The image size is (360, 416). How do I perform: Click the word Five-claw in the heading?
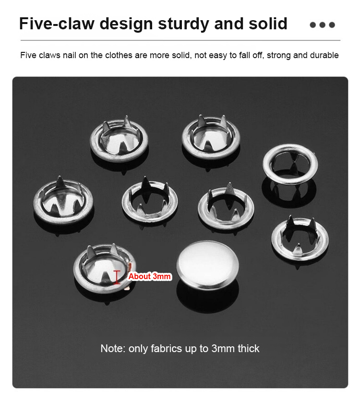pyautogui.click(x=57, y=24)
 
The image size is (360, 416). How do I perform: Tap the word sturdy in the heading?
pyautogui.click(x=183, y=24)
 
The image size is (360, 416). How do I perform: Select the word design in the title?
pyautogui.click(x=126, y=24)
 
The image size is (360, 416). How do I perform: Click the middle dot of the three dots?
pyautogui.click(x=323, y=25)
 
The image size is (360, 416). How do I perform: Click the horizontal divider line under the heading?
pyautogui.click(x=180, y=40)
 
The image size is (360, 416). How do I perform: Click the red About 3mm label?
pyautogui.click(x=149, y=276)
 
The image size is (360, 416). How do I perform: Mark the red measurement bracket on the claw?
pyautogui.click(x=117, y=278)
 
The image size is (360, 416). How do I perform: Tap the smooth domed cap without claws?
pyautogui.click(x=207, y=265)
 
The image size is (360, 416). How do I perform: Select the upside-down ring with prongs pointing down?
pyautogui.click(x=290, y=164)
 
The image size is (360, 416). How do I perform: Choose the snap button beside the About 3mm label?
pyautogui.click(x=105, y=269)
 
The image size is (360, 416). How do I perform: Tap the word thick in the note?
pyautogui.click(x=248, y=348)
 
